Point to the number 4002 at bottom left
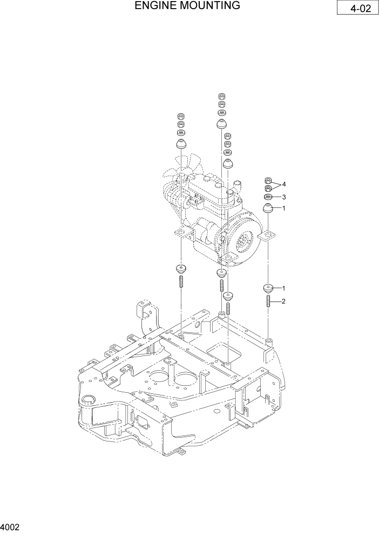click(10, 526)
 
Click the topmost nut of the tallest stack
click(221, 96)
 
